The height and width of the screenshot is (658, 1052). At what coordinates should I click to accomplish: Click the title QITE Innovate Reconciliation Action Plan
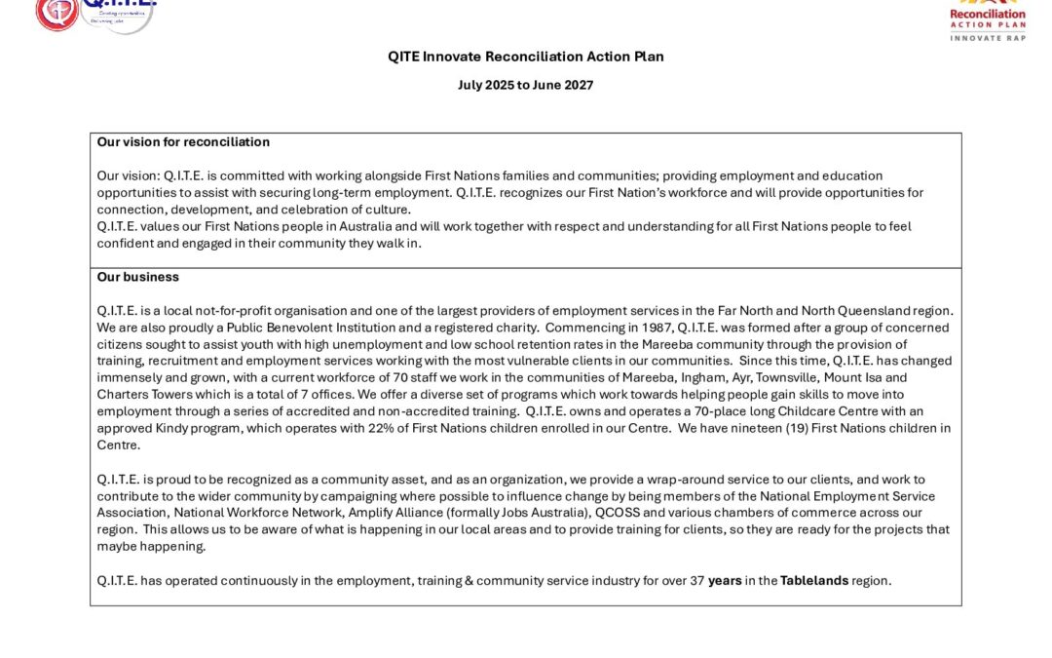tap(526, 57)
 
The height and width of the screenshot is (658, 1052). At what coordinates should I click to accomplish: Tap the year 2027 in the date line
tap(578, 85)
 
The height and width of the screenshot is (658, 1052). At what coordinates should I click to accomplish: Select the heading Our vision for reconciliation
tap(183, 142)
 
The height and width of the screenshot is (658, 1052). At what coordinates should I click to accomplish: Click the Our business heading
tap(138, 277)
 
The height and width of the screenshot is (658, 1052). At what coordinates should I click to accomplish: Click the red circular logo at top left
tap(56, 12)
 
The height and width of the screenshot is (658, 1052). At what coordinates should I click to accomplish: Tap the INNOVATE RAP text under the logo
tap(988, 37)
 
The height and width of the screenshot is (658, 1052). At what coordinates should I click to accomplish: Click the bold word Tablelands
tap(814, 581)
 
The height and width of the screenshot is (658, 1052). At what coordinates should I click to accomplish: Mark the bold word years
tap(725, 581)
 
